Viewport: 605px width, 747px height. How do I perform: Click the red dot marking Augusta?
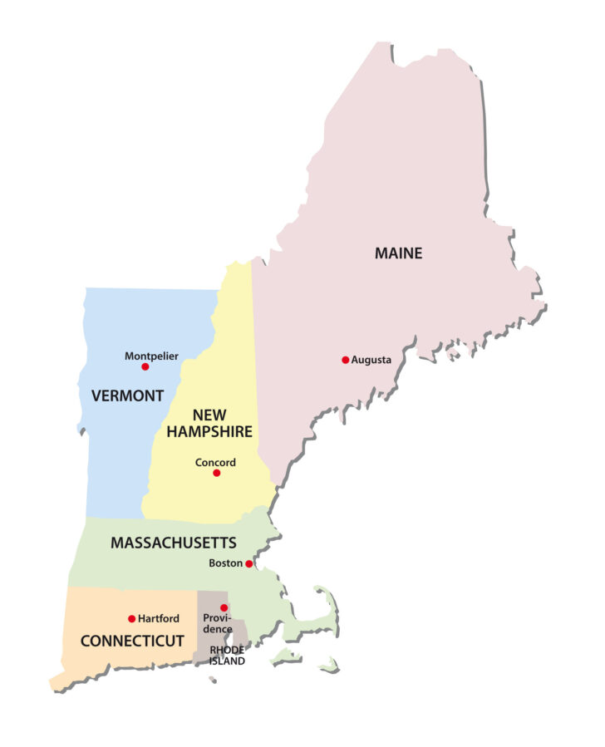pos(346,360)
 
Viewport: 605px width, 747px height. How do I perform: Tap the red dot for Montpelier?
pos(145,366)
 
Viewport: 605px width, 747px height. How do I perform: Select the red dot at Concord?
pos(217,473)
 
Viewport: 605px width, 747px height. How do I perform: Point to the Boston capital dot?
pos(248,563)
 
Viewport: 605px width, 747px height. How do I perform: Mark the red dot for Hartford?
pos(132,618)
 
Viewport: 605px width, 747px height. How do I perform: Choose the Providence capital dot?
pos(224,607)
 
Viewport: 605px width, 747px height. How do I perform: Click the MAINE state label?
pos(398,253)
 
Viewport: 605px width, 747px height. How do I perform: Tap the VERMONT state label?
pos(127,396)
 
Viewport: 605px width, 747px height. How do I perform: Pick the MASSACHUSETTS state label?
pos(174,543)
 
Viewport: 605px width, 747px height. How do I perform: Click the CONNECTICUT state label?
pos(131,641)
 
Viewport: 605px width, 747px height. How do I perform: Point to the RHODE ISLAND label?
pos(227,655)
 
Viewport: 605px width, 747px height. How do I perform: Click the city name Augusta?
pos(371,360)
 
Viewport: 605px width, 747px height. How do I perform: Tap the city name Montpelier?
pos(151,356)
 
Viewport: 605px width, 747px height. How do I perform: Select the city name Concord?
pos(215,462)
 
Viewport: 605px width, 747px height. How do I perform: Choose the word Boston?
pos(226,563)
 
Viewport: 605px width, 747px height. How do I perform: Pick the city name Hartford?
pos(159,618)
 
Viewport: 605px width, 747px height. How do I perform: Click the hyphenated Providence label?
pos(218,624)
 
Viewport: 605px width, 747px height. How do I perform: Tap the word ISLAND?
pos(227,661)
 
